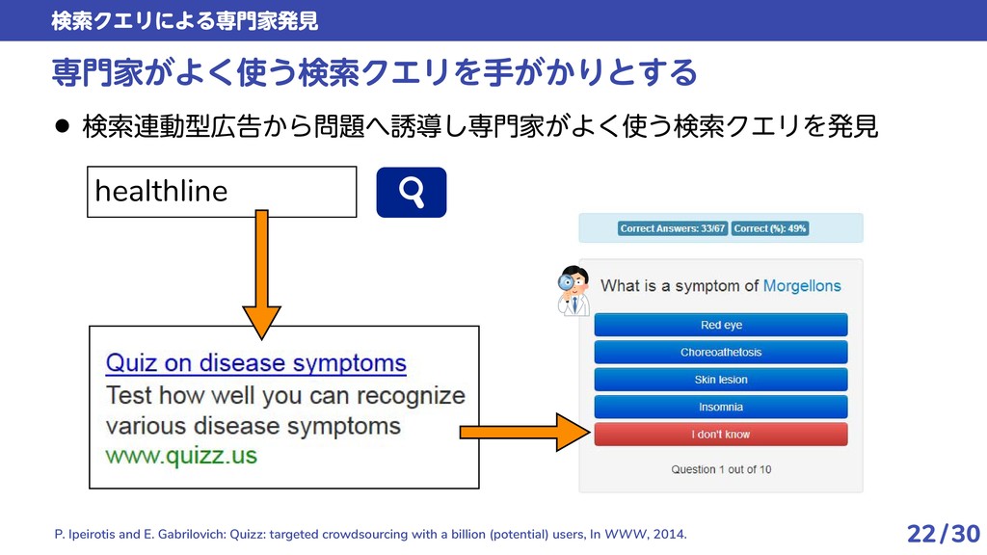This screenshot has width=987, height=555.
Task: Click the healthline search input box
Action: (222, 192)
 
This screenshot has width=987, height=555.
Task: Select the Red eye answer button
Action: (721, 325)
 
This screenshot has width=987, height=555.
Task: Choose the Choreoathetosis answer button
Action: (721, 352)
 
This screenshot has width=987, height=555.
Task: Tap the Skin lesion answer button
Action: (721, 380)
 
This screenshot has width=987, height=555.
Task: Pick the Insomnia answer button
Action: (721, 407)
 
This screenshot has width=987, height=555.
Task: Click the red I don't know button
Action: (721, 435)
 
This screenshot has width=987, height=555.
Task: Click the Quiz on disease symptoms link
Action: (255, 364)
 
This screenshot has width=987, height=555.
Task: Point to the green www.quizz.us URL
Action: (181, 455)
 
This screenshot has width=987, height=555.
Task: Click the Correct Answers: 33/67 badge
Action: (672, 228)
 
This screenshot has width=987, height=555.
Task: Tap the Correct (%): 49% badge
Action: (770, 228)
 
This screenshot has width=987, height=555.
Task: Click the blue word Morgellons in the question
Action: (802, 286)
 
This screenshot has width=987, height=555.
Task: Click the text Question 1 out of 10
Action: (721, 469)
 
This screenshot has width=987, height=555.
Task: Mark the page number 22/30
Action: (943, 533)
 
